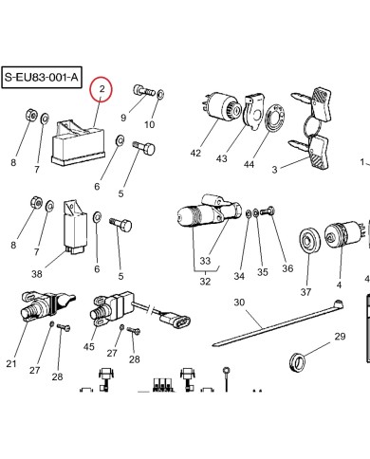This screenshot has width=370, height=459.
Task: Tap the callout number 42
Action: tap(195, 154)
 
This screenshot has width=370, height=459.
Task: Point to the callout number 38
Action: tap(37, 273)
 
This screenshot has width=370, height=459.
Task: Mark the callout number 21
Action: tap(11, 364)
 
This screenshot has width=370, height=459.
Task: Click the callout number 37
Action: tap(305, 292)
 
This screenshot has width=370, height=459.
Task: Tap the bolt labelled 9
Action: tap(143, 90)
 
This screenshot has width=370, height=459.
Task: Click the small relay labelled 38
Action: tap(72, 226)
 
